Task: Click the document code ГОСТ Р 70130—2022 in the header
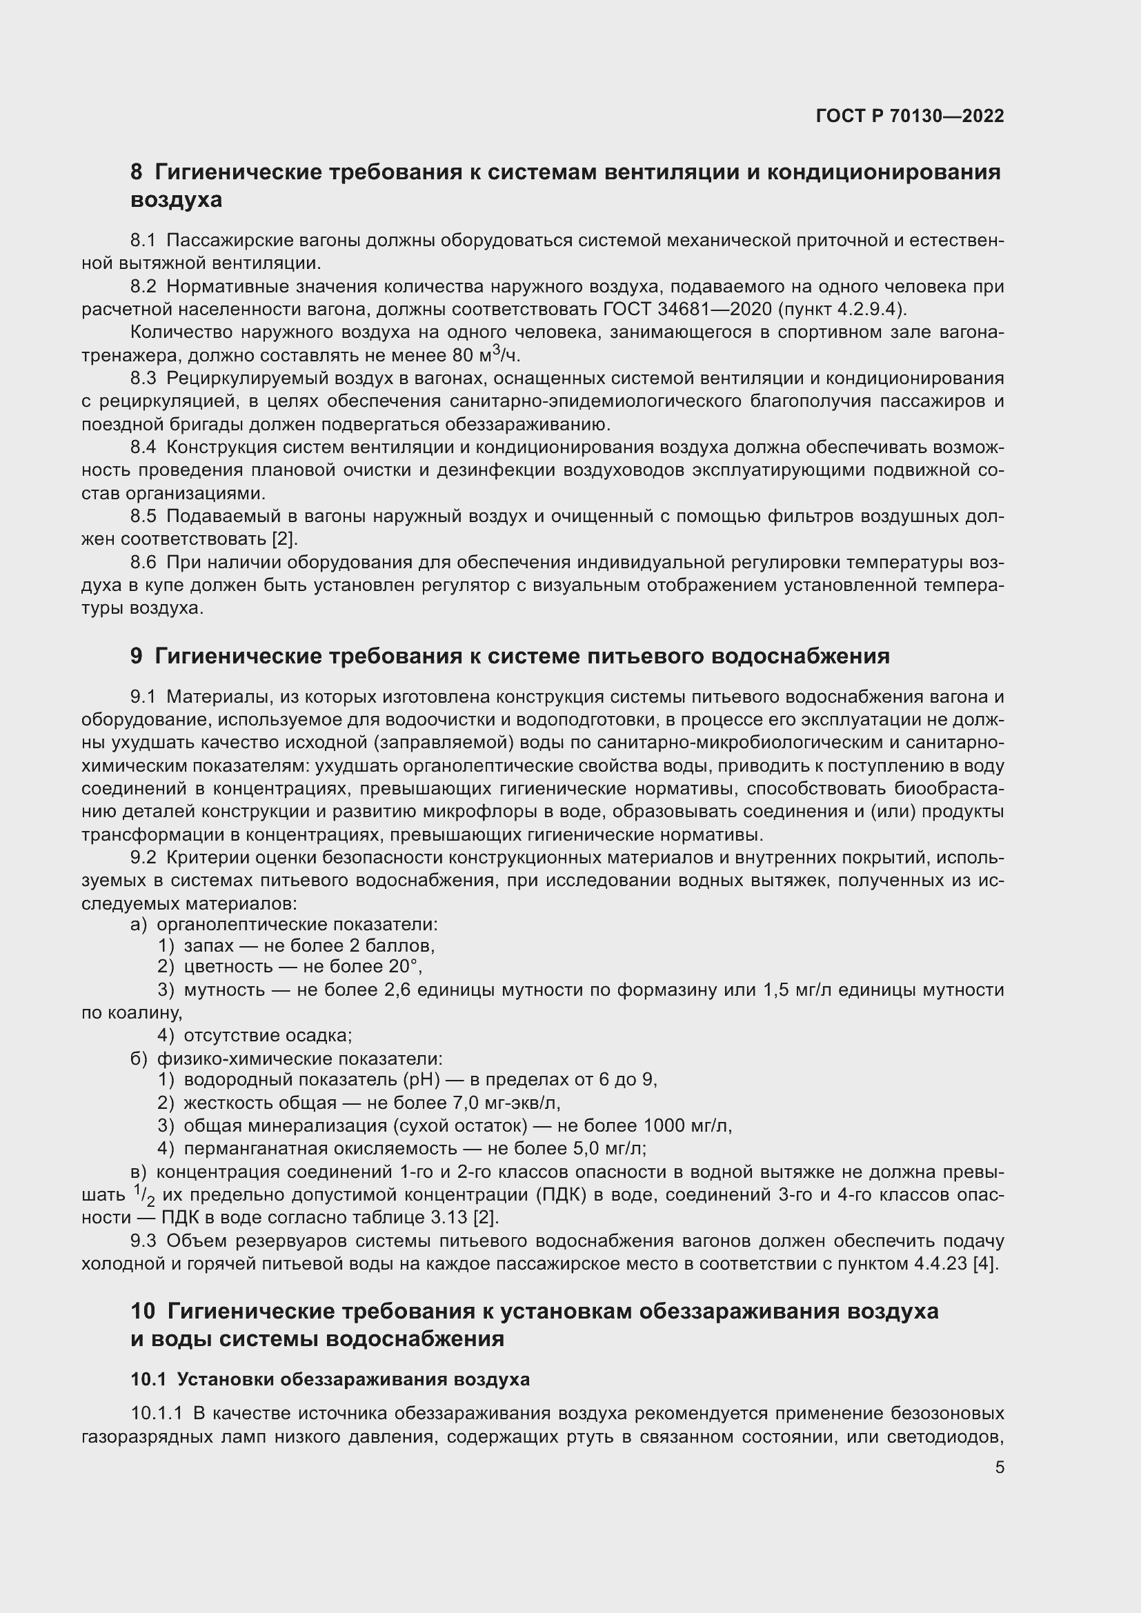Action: (x=909, y=117)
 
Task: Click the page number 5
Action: (x=999, y=1467)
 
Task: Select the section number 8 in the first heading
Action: (x=137, y=172)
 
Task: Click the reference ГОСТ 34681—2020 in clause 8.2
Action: (x=687, y=310)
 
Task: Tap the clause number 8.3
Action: (x=143, y=379)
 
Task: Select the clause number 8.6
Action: (x=143, y=563)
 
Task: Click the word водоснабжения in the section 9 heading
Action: (x=801, y=656)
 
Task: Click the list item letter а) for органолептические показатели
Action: (x=139, y=925)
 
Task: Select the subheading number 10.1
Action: (x=148, y=1379)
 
